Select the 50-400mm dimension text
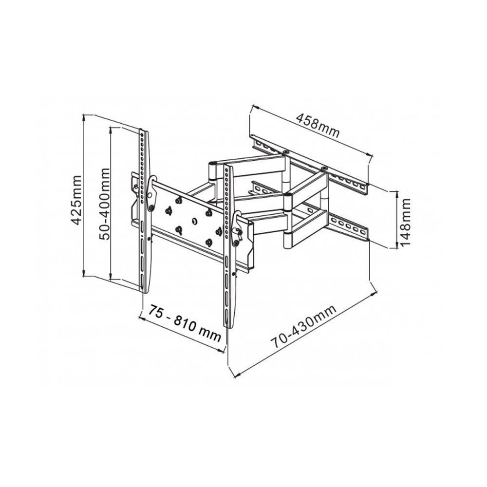tap(104, 204)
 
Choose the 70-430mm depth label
tap(304, 327)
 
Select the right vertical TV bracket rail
tap(228, 243)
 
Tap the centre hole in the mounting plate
tap(194, 221)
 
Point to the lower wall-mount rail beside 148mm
tap(348, 227)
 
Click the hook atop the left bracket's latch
tap(153, 180)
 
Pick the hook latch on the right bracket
tap(238, 216)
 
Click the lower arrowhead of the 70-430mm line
tap(234, 375)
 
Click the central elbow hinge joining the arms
tap(288, 201)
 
